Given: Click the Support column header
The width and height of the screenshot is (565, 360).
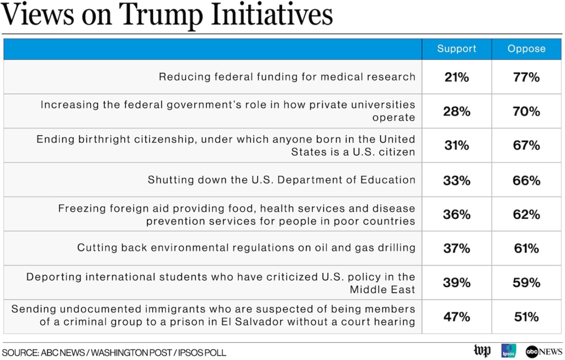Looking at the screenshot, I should point(456,49).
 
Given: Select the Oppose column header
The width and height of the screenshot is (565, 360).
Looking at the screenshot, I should point(526,49).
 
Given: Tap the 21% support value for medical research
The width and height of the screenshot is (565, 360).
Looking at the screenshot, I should point(456,77).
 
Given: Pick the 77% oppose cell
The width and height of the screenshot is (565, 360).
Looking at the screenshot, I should point(526,77).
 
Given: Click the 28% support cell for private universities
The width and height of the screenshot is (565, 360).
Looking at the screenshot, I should point(456,111).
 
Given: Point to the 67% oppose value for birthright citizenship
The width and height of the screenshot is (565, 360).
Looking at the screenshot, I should point(526,146).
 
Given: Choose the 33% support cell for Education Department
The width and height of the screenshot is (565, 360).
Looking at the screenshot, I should point(456,180).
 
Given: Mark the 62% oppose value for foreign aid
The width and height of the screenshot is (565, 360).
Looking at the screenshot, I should point(526,214).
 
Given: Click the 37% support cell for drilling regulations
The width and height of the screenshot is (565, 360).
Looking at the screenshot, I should point(456,249).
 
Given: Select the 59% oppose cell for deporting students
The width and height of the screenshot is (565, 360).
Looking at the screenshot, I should point(526,283).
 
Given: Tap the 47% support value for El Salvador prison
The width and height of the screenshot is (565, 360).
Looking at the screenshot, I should point(456,317).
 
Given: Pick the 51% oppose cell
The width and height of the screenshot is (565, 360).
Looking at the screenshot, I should point(526,317).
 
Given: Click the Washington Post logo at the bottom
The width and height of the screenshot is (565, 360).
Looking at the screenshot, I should point(482,351).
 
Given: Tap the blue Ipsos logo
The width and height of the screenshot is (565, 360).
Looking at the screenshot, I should point(508,351).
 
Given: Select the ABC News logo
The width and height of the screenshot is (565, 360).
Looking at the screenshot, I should point(543,351).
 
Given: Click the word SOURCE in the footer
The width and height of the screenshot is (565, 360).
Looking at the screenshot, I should point(19,352).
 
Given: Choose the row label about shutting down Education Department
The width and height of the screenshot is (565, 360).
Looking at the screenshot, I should point(281,180).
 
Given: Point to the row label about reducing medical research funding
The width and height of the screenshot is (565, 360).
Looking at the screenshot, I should point(287,77).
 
